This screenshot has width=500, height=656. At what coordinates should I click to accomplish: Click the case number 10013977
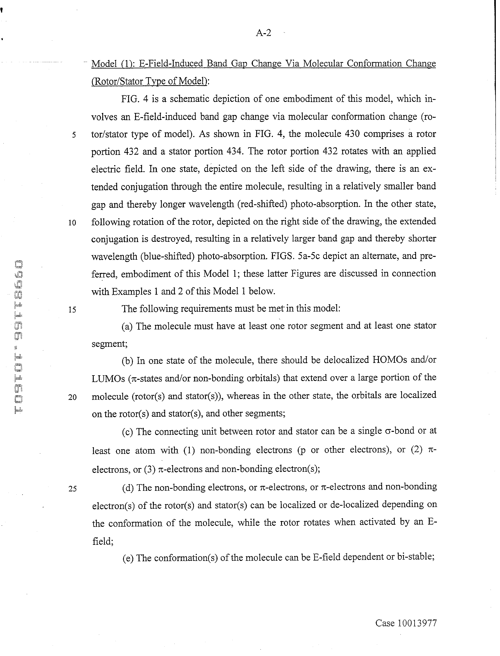417,623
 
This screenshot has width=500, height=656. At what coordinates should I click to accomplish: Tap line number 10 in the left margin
72,223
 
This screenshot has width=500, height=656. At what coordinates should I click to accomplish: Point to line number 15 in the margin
72,310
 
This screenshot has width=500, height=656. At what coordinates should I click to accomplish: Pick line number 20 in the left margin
72,397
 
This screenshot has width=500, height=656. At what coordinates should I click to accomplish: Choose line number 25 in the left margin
72,489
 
